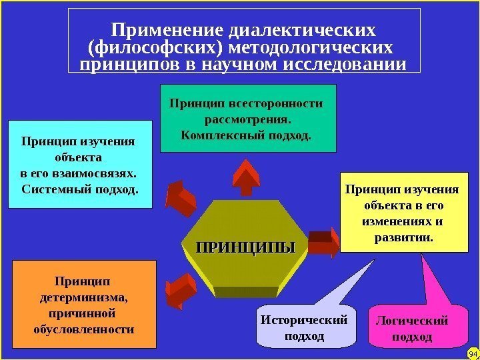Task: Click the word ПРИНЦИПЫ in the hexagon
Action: (x=244, y=247)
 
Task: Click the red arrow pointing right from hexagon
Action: (x=325, y=243)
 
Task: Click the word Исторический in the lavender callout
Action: (x=304, y=320)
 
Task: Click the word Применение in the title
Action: (x=166, y=31)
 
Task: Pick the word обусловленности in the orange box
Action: (x=83, y=329)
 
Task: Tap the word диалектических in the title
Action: (x=301, y=31)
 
